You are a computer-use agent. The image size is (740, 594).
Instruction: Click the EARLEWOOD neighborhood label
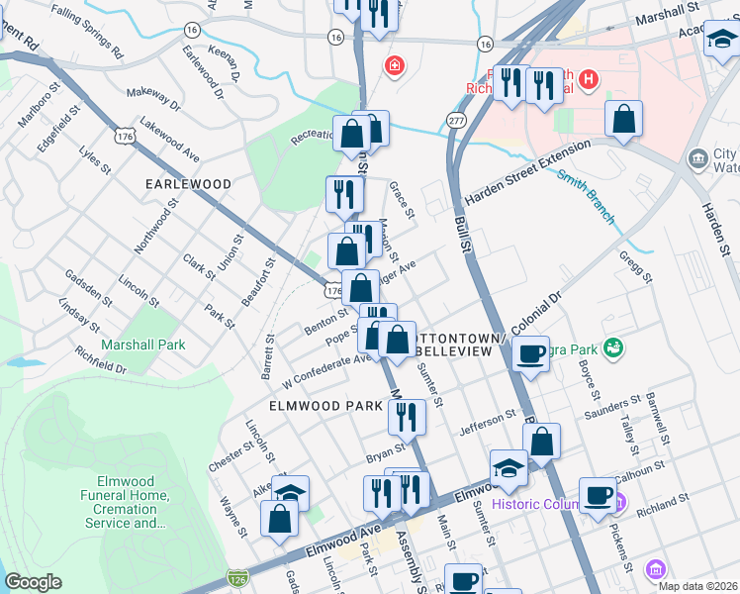pos(188,184)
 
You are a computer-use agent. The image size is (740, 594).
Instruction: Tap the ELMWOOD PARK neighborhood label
pos(319,406)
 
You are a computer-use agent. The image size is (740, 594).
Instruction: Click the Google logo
pos(33,582)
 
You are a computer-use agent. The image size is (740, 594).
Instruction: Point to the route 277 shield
pos(455,119)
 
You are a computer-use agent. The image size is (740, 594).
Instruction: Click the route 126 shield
pos(236,576)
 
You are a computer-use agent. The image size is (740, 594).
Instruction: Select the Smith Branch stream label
pos(586,196)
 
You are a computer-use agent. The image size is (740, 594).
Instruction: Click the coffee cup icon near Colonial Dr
pos(531,354)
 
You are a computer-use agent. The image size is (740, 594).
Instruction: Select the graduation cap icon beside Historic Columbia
pos(509,468)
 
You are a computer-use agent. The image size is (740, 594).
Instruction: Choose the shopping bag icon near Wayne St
pos(280,518)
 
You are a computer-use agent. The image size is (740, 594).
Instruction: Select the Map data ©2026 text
pos(697,586)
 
